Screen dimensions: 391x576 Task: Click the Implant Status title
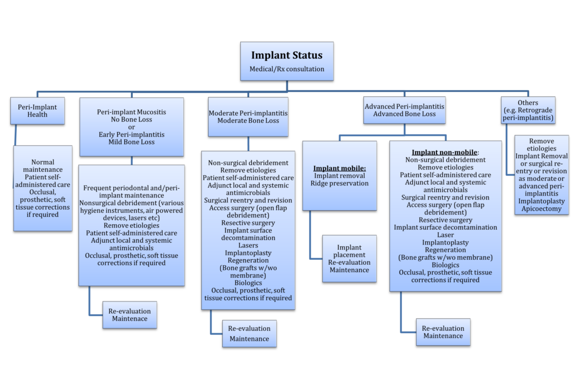(x=287, y=55)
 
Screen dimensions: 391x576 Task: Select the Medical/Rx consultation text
(x=287, y=69)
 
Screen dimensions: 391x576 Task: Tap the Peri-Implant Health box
(x=37, y=110)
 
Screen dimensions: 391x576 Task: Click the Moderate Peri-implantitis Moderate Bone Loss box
(x=248, y=117)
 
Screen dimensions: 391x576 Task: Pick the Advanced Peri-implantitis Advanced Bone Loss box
(x=404, y=110)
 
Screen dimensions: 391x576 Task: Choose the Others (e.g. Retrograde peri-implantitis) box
(x=528, y=110)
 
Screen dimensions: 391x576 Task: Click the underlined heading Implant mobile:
(x=339, y=167)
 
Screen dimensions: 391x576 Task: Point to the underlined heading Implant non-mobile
(x=444, y=152)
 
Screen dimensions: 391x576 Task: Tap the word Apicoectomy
(x=541, y=209)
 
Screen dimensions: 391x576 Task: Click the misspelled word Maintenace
(x=129, y=319)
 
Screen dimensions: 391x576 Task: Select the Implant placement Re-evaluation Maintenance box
(x=349, y=259)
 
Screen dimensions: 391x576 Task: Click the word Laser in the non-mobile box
(x=445, y=234)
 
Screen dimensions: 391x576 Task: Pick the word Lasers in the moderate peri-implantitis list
(x=248, y=246)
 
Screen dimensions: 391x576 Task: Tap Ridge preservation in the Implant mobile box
(x=339, y=183)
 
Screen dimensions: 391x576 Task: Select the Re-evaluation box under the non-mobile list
(x=443, y=332)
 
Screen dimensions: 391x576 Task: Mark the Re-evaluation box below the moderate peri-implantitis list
(x=249, y=333)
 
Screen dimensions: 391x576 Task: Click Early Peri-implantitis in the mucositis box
(x=132, y=135)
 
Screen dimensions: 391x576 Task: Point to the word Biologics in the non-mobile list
(x=445, y=265)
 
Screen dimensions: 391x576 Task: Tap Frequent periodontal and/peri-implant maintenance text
(x=132, y=192)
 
